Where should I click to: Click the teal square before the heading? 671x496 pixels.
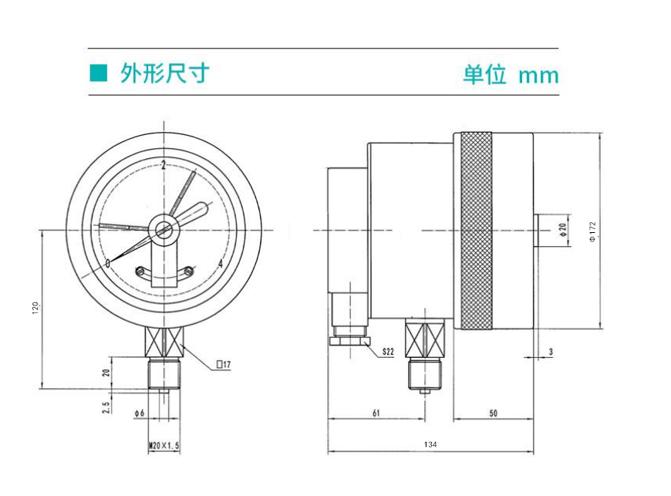pos(97,73)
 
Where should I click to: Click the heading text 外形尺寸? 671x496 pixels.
pos(164,73)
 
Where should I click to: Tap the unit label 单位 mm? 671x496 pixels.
pos(510,75)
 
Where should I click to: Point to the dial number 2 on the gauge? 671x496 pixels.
pos(164,165)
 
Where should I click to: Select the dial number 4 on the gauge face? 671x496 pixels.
pos(221,265)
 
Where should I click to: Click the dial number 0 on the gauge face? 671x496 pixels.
pos(108,265)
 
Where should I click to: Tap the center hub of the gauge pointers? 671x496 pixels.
pos(164,229)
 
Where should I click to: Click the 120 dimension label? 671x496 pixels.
pos(35,308)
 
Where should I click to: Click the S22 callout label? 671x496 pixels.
pos(388,352)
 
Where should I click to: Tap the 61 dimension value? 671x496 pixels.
pos(376,413)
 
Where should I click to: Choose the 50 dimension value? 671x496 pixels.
pos(494,413)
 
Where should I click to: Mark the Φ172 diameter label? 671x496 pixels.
pos(592,231)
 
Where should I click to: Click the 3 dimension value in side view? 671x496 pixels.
pos(551,352)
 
